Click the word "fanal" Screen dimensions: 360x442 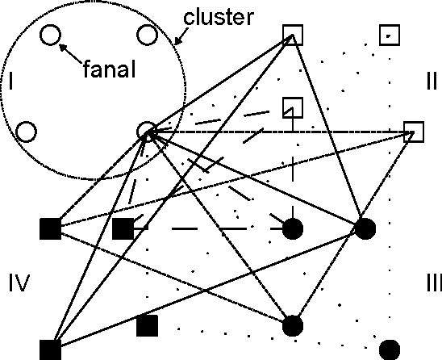108,70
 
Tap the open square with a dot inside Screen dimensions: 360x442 390,36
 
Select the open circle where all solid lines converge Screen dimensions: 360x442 146,132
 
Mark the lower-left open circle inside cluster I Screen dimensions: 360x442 25,131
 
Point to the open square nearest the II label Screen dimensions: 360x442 413,131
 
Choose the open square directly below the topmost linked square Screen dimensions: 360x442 292,107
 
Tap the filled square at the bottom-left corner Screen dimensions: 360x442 50,350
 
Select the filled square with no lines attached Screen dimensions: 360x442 146,325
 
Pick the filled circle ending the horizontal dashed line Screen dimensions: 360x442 292,228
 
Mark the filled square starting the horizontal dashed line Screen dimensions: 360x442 123,228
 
